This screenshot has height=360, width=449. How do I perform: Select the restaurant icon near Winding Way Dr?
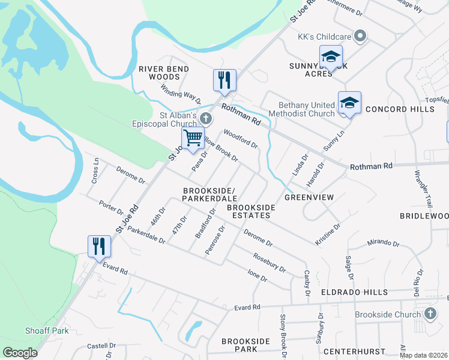point(224,80)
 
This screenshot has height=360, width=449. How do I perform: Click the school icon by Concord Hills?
point(349,103)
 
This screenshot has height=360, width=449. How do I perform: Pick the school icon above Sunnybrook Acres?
point(330,57)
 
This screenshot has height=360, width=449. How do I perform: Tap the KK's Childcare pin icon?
point(360,37)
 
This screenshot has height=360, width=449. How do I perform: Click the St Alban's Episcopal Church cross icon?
point(206,118)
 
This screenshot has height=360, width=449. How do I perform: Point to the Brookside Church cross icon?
point(430,314)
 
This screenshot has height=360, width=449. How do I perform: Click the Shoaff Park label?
point(47,331)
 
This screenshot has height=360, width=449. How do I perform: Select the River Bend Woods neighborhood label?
point(164,73)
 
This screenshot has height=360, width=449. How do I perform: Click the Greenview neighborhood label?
point(309,197)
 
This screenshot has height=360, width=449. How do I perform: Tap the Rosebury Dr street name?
point(269,262)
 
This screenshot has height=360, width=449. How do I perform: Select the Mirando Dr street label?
point(382,244)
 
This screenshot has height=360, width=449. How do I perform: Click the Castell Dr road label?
point(101,346)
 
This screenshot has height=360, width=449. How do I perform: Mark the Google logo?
point(20,353)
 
